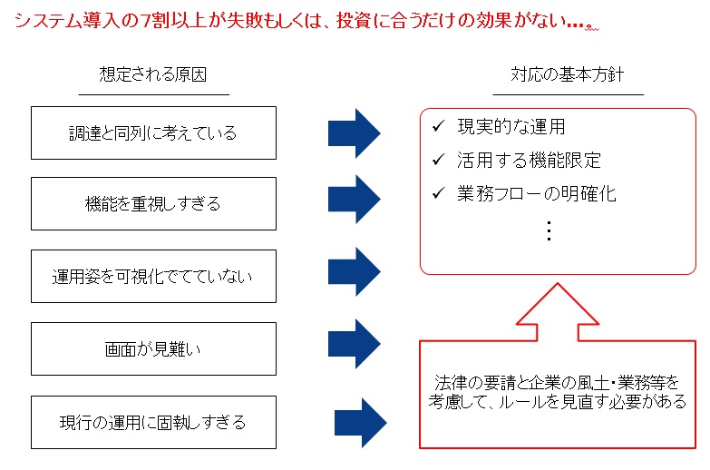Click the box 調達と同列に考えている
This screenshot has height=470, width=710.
coord(153,132)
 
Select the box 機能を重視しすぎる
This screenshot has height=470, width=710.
coord(153,203)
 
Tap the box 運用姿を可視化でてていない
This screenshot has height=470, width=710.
coord(153,276)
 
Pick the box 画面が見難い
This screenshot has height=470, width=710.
coord(153,348)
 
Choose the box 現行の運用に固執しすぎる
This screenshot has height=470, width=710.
coord(153,423)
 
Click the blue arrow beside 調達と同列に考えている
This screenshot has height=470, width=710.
coord(355,133)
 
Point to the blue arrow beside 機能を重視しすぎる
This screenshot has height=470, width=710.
coord(355,199)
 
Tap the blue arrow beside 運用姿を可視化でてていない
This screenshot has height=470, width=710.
coord(355,271)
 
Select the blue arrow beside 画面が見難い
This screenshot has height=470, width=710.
coord(355,344)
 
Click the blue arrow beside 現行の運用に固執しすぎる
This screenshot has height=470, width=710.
coord(360,423)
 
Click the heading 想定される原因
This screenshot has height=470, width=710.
coord(153,74)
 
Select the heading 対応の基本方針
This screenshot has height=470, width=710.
coord(568,74)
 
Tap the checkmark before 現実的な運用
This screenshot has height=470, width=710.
coord(438,125)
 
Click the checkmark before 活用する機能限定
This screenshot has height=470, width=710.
coord(438,159)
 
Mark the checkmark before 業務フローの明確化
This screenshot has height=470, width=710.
coord(438,193)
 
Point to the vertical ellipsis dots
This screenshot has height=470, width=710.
coord(549,230)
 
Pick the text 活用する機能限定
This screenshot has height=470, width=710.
coord(529,160)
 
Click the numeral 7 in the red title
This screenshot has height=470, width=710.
coord(145,21)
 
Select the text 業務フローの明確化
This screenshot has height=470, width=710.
coord(537,194)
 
